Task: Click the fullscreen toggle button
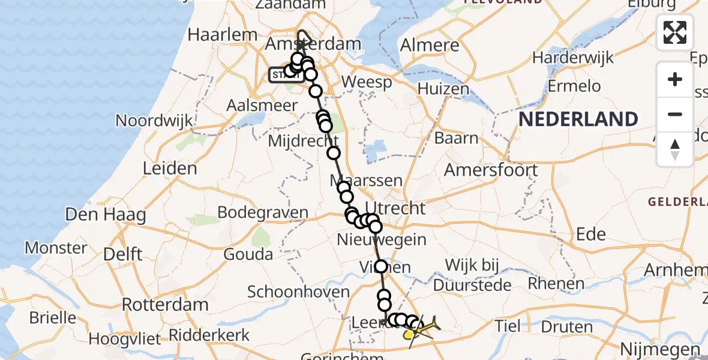675,32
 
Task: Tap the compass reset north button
675,149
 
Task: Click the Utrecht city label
398,208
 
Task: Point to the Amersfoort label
491,170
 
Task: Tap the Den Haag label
106,214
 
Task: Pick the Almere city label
430,45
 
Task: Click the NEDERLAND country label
578,119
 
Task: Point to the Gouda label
248,254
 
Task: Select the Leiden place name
170,168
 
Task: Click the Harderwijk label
573,58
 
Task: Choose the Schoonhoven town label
299,292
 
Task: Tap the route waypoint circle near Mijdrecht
333,153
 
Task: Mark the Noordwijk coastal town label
155,121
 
